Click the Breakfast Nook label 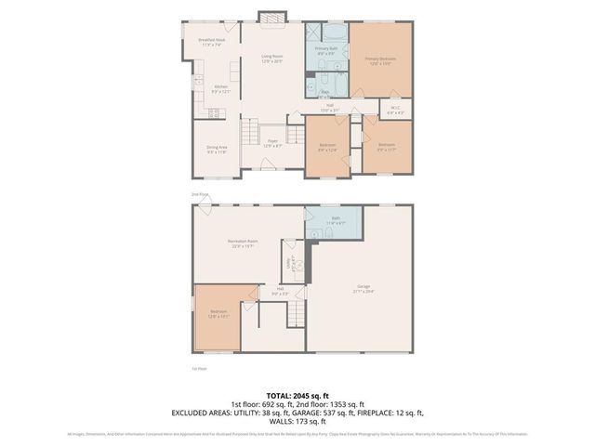[213, 43]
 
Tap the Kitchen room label [220, 89]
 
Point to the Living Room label [271, 59]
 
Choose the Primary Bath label [325, 50]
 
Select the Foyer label [272, 143]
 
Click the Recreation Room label [244, 243]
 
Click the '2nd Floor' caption [200, 194]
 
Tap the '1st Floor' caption [199, 369]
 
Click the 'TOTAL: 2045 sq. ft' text [297, 394]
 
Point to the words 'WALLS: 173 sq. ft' [297, 420]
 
